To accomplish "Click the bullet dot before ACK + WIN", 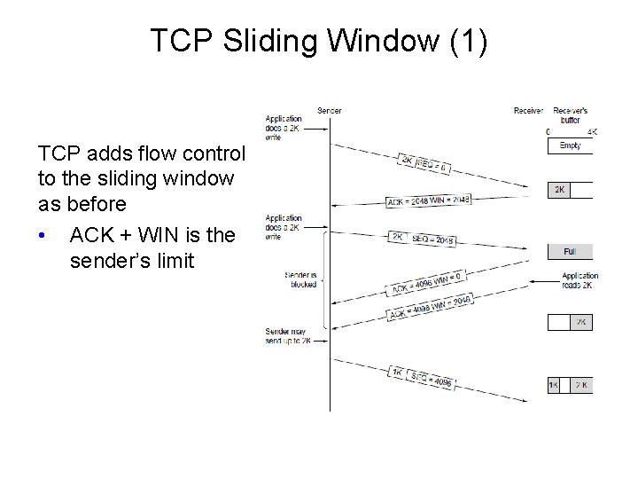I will click(x=43, y=235).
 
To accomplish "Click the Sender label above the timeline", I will click(x=329, y=111).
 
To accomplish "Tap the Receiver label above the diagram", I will click(x=528, y=111).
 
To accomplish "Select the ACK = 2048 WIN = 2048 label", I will click(x=429, y=200).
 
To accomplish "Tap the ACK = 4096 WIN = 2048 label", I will click(x=430, y=306).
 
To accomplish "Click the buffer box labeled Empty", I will click(x=571, y=146).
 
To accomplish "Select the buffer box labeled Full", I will click(x=571, y=252).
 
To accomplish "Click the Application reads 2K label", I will click(x=580, y=281).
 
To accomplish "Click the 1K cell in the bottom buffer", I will click(x=554, y=385).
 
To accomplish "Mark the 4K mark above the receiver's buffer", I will click(x=592, y=131).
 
